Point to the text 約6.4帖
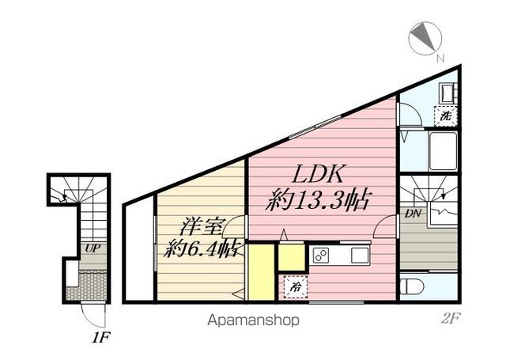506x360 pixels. click(202, 249)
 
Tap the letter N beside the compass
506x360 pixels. click(440, 57)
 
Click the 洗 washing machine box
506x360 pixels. click(447, 116)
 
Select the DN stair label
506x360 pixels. click(412, 214)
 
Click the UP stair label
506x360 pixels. click(93, 248)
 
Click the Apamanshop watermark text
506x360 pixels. click(255, 320)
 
